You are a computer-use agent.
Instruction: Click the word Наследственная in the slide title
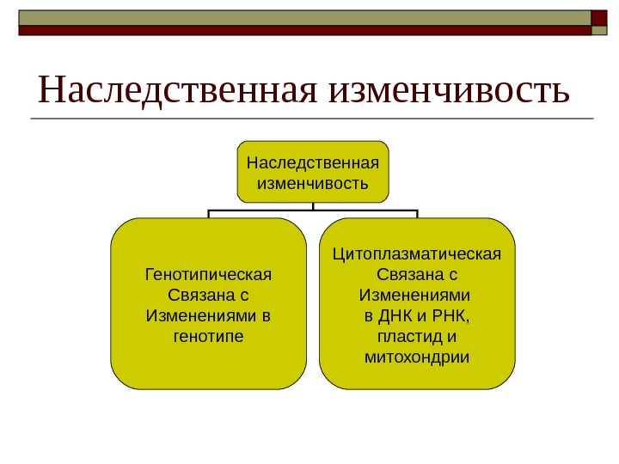point(176,89)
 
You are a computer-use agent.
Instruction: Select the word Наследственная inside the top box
point(313,162)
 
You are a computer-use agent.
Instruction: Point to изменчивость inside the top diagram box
point(313,184)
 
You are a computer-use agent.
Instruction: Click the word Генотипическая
point(209,276)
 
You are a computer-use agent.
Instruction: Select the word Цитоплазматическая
point(417,255)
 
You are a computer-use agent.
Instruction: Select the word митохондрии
point(418,355)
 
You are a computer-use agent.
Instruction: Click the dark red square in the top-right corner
point(602,18)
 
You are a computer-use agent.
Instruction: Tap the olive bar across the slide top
point(301,17)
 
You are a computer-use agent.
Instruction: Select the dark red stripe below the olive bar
point(301,30)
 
